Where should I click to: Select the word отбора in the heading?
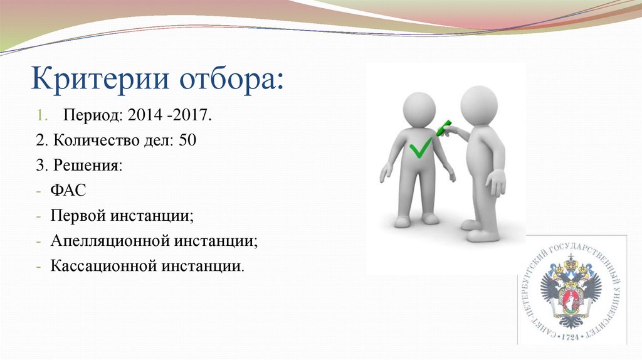[231, 80]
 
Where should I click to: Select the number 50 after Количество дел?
[187, 140]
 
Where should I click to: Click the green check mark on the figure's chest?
[420, 148]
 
